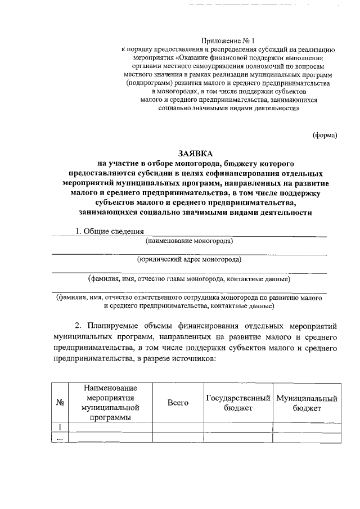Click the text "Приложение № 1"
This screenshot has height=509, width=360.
(x=228, y=41)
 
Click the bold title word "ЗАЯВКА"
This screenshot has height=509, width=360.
(x=196, y=152)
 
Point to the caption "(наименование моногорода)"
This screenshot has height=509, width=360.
(x=190, y=241)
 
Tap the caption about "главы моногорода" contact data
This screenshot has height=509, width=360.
(x=189, y=278)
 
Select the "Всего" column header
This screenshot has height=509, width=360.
(x=178, y=403)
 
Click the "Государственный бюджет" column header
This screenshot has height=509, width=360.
(x=238, y=403)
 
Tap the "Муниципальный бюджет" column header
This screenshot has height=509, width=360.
(x=307, y=403)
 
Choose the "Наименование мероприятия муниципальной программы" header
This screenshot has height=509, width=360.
(x=110, y=403)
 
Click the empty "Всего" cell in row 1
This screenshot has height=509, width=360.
(x=178, y=427)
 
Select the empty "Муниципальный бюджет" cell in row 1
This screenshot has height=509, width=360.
(x=307, y=427)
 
